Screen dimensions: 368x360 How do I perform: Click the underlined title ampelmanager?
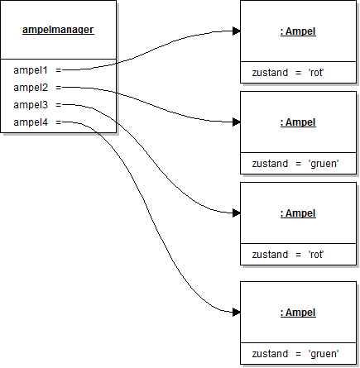[59, 30]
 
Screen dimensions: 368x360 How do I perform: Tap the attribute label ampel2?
[31, 88]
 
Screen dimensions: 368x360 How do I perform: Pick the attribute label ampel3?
[31, 105]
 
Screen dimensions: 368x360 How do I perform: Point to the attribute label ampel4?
[31, 122]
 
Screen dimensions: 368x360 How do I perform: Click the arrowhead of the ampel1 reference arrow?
[236, 31]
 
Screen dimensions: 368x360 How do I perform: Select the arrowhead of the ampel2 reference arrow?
[236, 122]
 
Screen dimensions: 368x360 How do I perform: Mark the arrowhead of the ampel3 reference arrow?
[236, 213]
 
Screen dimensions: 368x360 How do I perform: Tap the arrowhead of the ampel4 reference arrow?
[236, 312]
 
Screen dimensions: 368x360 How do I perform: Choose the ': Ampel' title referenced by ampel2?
[298, 122]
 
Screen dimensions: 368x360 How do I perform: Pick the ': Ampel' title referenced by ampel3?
[298, 213]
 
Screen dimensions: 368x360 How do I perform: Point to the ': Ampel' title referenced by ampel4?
[298, 313]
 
